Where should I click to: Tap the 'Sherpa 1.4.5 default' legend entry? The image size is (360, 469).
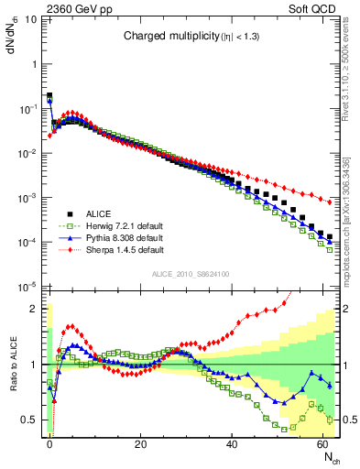click(124, 249)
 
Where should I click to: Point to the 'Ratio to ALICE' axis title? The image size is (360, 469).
click(13, 365)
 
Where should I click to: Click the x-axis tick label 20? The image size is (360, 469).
click(140, 443)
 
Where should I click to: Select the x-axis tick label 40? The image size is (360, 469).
click(231, 443)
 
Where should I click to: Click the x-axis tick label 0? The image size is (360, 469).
click(49, 443)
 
